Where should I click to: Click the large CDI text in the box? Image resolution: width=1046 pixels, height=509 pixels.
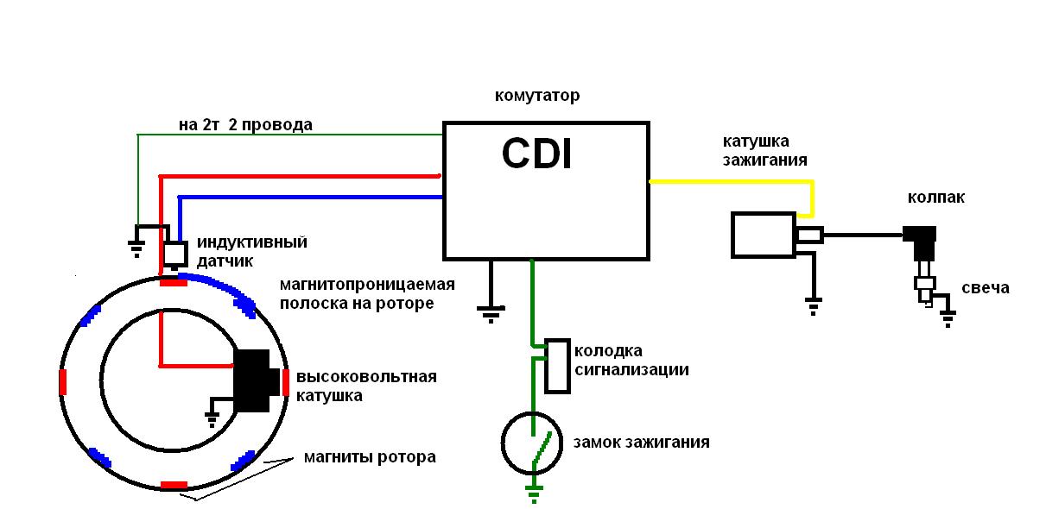(536, 155)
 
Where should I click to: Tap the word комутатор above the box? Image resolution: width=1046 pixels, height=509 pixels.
(536, 95)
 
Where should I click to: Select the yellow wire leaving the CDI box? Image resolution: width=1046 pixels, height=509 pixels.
(730, 181)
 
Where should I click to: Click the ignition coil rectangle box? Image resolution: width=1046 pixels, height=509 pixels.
(762, 235)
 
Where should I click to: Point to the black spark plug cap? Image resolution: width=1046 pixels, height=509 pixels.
(920, 235)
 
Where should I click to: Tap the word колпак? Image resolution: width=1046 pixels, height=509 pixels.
(935, 198)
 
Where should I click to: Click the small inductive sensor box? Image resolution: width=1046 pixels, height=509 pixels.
(175, 254)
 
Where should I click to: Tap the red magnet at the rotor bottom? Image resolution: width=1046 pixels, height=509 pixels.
(174, 484)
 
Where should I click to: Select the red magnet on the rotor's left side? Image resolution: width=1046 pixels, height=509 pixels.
(62, 380)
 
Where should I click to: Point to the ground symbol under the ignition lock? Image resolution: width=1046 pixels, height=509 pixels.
(534, 493)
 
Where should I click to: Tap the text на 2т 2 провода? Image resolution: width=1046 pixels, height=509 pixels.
(245, 125)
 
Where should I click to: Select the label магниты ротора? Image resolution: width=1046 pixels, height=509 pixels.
(369, 456)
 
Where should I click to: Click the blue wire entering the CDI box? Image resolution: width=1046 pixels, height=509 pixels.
(311, 198)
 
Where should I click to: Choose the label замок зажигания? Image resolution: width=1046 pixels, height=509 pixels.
(641, 443)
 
